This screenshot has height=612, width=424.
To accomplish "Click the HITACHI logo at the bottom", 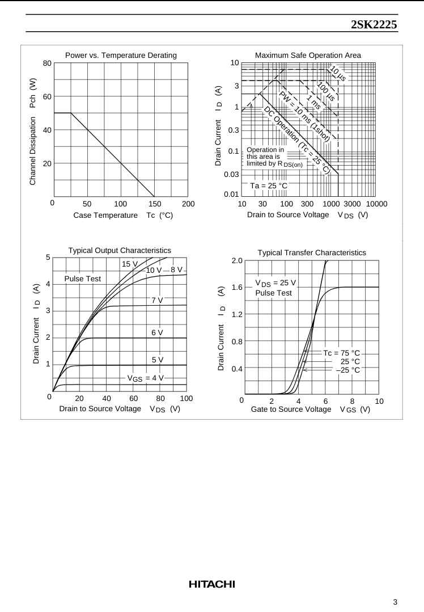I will tap(211, 584).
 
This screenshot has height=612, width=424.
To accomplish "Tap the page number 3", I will tap(395, 602).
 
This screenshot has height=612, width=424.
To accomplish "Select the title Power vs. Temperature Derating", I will tap(121, 55).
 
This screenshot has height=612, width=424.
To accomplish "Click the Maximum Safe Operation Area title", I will tap(308, 55).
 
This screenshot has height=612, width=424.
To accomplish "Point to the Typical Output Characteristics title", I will tap(120, 250).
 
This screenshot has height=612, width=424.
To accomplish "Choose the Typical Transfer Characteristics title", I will tap(312, 252).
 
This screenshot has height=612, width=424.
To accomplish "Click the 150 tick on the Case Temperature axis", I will tap(154, 204).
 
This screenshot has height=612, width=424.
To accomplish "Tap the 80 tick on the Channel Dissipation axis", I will tap(47, 63).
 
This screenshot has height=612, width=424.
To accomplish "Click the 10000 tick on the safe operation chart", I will tap(376, 204).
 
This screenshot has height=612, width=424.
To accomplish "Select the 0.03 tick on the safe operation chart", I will tap(231, 174).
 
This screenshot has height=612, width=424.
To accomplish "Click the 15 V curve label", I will tap(130, 264).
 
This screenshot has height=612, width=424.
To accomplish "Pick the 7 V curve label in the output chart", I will tap(157, 300).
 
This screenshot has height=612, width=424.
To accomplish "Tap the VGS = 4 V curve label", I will tap(145, 378).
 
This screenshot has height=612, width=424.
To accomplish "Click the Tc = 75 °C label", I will tap(342, 353).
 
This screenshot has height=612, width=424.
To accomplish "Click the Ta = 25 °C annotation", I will tap(269, 185).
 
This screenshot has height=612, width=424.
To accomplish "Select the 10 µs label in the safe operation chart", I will tap(338, 74).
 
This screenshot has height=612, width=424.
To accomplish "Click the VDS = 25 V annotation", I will tap(275, 283).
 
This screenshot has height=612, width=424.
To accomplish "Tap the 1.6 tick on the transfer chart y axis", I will tap(237, 288).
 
